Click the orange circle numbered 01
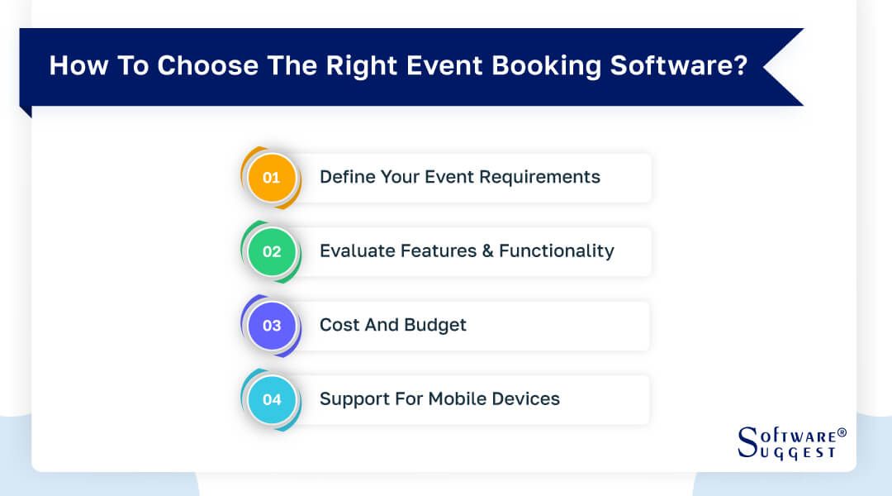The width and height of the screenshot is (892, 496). [272, 178]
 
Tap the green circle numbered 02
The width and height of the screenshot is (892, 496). [272, 252]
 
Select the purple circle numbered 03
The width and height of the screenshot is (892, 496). [272, 326]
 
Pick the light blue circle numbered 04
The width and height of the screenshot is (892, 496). [272, 400]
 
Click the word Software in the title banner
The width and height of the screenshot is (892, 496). [670, 66]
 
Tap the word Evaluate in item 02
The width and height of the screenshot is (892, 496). [356, 251]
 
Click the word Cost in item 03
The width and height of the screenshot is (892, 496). [339, 326]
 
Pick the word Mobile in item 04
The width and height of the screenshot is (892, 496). [458, 399]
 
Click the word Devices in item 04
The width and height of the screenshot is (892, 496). [526, 399]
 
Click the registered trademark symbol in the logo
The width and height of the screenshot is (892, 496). [842, 432]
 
